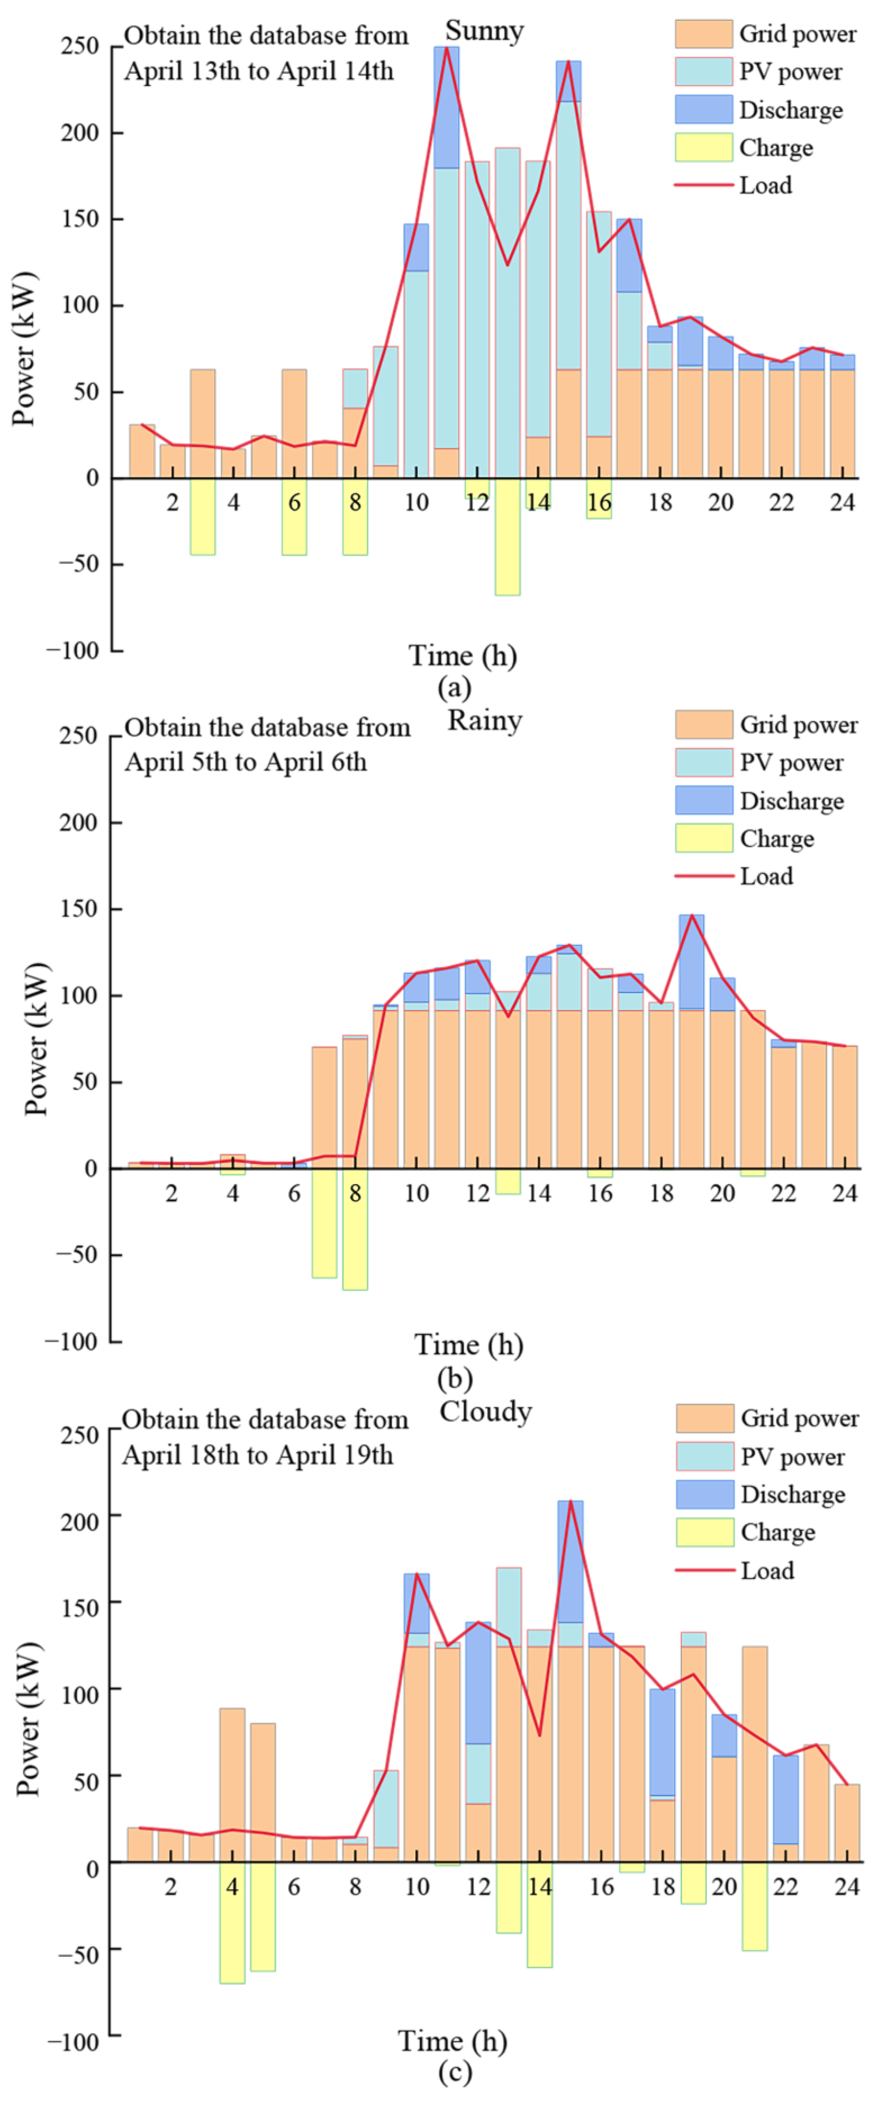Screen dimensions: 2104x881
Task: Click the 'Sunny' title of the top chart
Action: click(x=484, y=31)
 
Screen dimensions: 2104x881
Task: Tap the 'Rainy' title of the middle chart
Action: click(x=484, y=721)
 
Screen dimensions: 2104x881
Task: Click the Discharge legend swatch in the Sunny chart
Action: click(x=703, y=109)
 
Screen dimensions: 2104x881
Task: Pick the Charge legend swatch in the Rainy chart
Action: click(x=703, y=838)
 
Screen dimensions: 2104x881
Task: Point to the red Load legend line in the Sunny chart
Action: click(x=703, y=185)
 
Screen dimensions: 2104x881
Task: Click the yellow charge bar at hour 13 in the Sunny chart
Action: click(x=507, y=537)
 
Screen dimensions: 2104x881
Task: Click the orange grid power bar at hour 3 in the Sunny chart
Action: click(x=202, y=423)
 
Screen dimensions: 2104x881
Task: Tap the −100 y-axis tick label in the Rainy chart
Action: click(x=72, y=1341)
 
